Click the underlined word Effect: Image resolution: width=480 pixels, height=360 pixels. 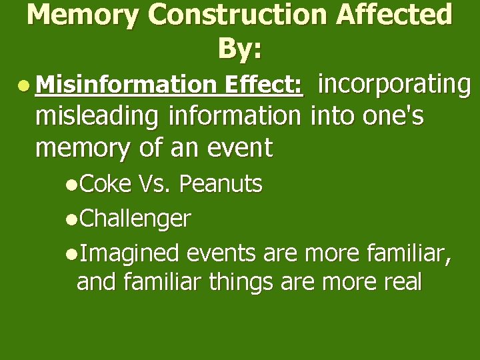coord(264,85)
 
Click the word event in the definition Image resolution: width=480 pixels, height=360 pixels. coord(240,148)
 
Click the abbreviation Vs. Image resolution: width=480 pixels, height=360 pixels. coord(156,184)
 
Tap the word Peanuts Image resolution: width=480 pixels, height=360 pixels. coord(221,184)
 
